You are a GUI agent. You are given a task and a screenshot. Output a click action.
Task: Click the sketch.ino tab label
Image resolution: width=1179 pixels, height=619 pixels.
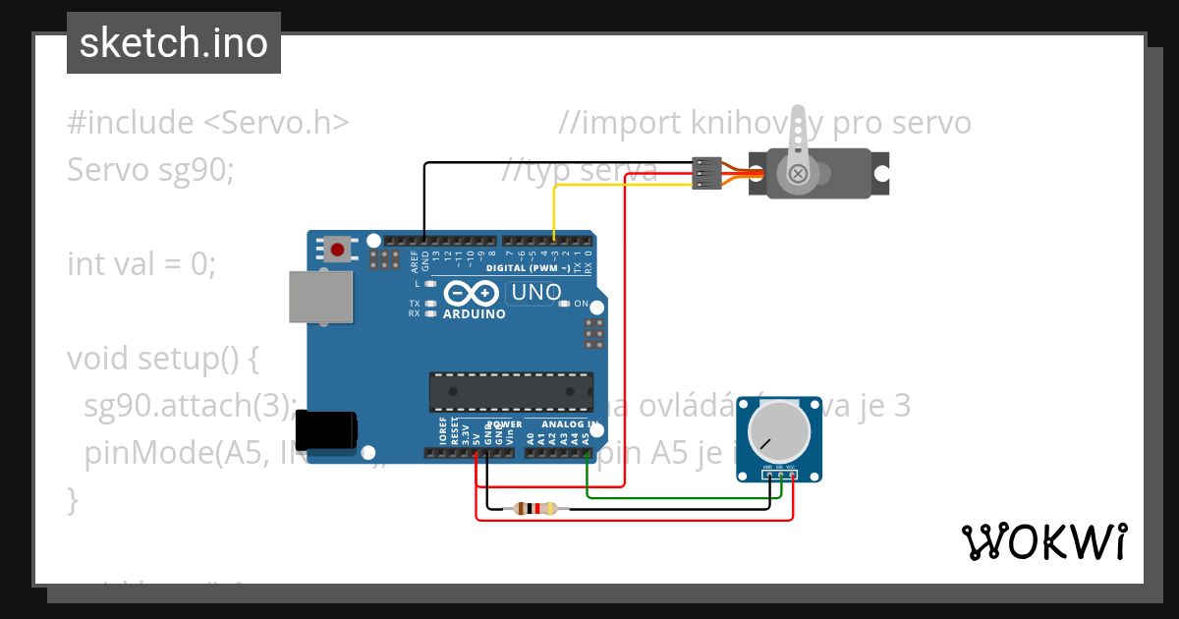[x=174, y=43]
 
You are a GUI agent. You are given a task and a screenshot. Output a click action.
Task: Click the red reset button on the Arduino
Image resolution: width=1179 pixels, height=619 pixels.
[x=338, y=249]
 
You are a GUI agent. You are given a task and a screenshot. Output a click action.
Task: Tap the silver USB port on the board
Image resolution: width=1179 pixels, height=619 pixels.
[x=320, y=297]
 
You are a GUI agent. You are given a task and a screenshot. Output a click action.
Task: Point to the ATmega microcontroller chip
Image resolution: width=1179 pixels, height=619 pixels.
[x=511, y=391]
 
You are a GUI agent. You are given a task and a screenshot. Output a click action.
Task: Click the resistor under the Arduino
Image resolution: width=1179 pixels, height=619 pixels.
[x=529, y=508]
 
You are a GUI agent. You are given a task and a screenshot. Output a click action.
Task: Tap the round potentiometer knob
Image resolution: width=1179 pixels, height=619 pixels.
[x=778, y=430]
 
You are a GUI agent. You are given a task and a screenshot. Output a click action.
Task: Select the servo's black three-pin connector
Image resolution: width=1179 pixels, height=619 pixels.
[x=706, y=173]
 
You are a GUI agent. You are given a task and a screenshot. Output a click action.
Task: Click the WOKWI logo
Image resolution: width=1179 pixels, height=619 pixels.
[x=1043, y=541]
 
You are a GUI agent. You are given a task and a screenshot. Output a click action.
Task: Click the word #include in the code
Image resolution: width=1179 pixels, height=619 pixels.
[x=131, y=124]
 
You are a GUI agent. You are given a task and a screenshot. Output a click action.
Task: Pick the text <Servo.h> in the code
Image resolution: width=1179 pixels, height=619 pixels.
[x=276, y=124]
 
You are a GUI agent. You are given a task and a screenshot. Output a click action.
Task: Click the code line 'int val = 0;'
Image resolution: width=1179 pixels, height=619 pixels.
[x=140, y=264]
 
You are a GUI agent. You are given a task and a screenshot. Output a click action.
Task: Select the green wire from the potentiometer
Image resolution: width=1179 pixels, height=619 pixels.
[x=688, y=496]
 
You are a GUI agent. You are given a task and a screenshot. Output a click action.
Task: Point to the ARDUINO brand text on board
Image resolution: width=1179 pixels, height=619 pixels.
[x=474, y=314]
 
